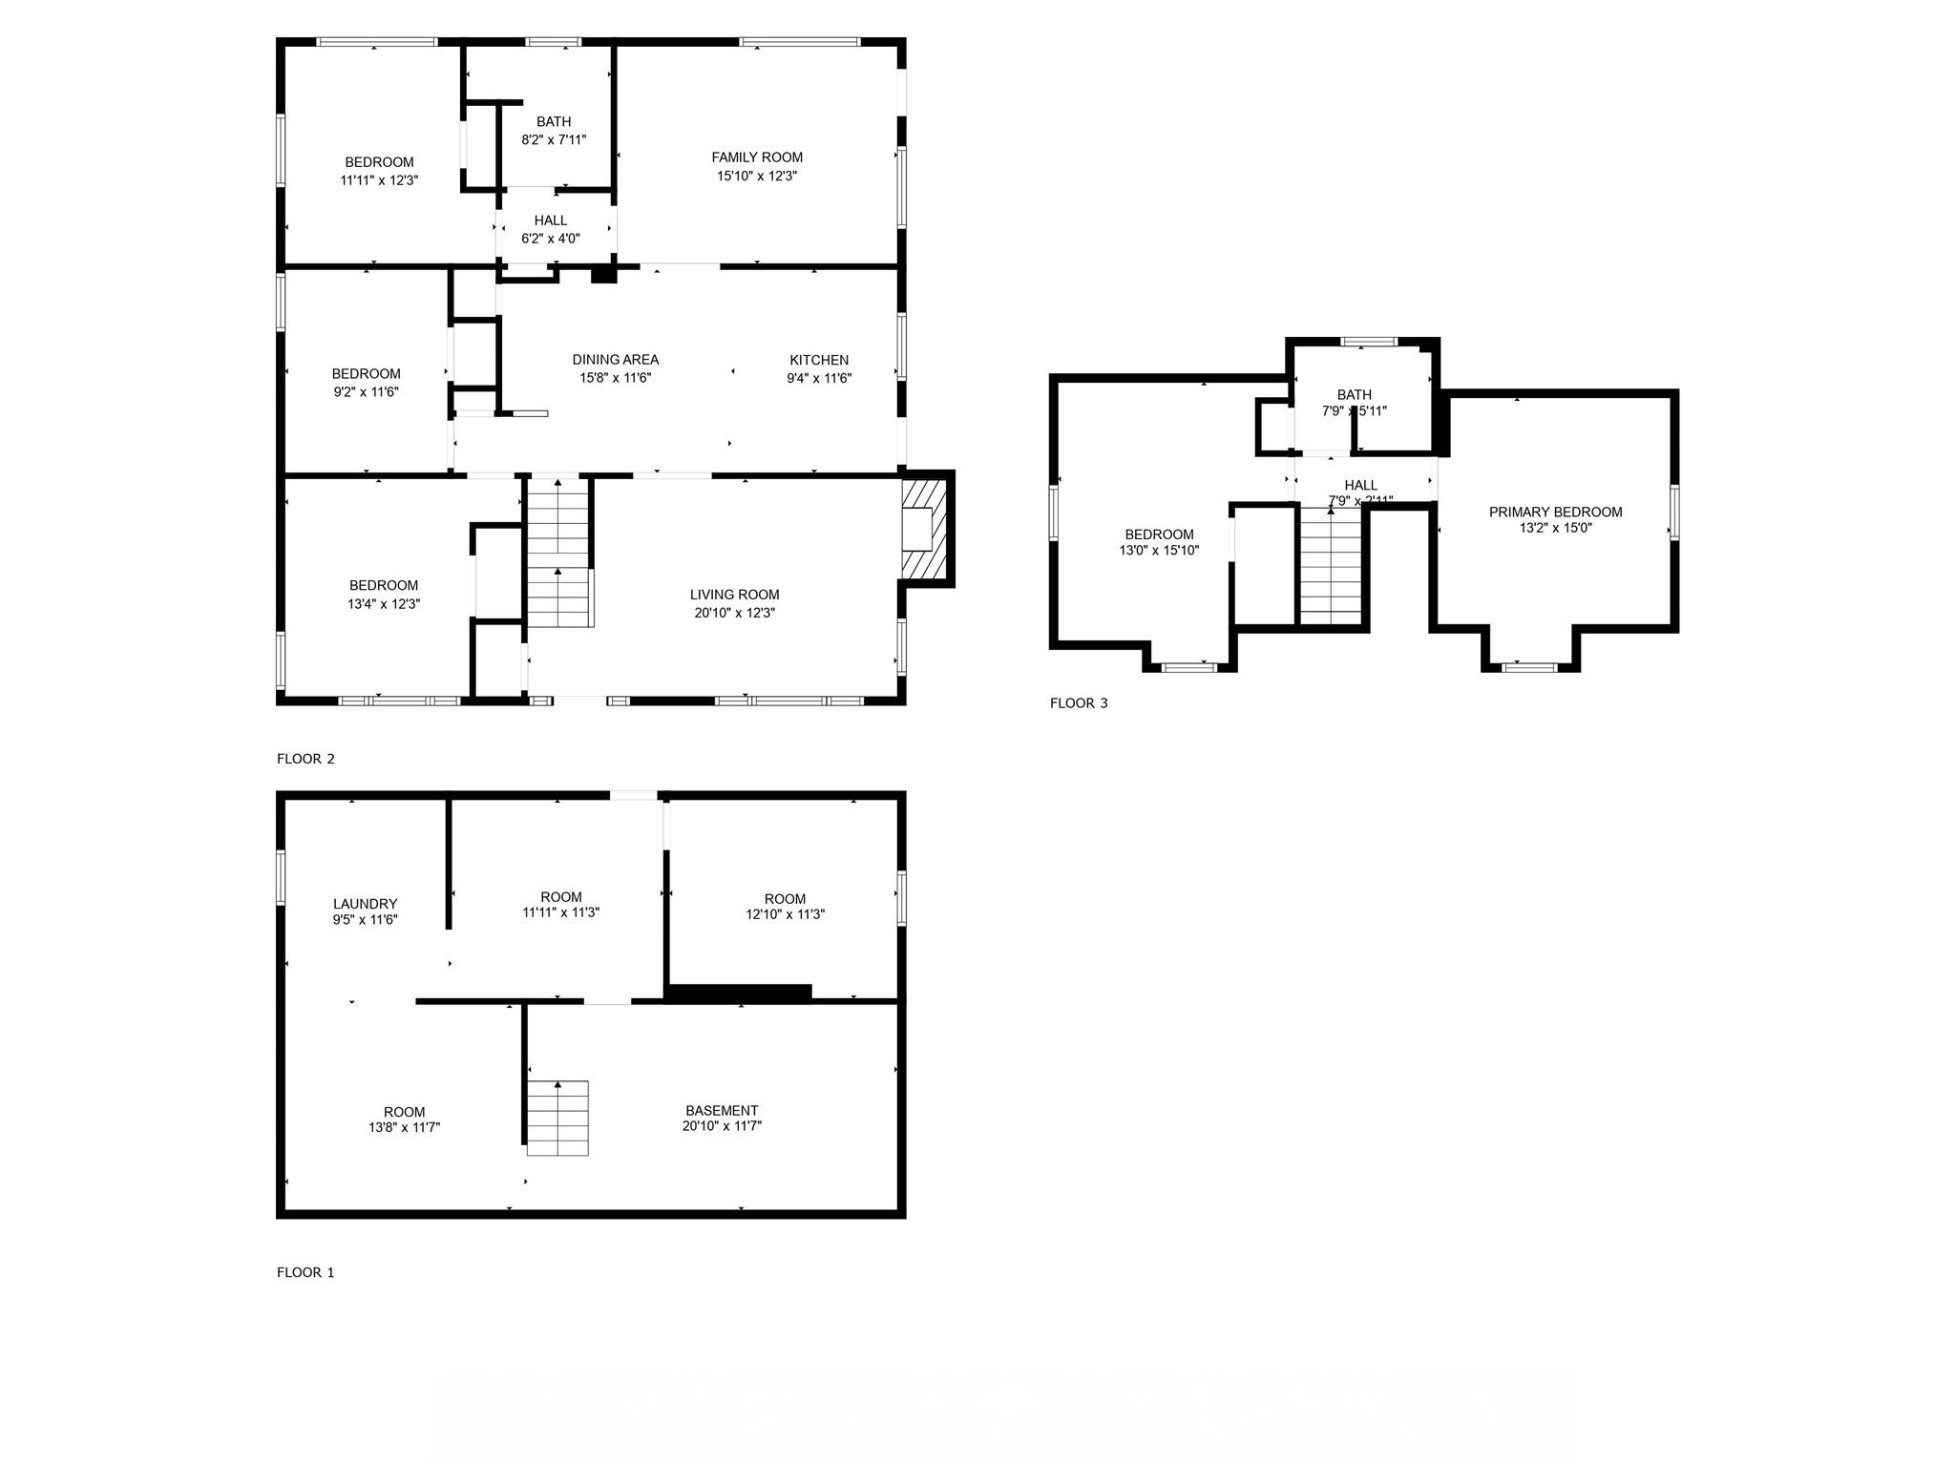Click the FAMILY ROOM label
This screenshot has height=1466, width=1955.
point(757,157)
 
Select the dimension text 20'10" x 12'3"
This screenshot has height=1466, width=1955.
point(734,613)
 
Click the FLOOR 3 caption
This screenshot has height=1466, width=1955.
point(1079,703)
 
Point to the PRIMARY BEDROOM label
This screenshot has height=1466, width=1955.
point(1555,512)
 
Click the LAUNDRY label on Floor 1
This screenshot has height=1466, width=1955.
point(365,904)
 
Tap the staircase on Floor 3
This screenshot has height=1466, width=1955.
point(1331,568)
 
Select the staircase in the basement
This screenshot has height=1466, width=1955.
point(558,1118)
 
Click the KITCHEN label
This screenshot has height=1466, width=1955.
point(818,360)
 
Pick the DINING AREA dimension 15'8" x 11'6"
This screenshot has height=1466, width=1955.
point(615,378)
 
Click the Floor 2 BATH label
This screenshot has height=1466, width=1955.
point(554,121)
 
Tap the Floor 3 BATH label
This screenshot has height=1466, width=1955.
point(1354,394)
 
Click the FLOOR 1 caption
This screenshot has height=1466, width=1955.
point(305,1272)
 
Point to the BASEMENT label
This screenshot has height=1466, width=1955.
point(722,1110)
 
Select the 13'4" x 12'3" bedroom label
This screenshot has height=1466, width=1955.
point(384,585)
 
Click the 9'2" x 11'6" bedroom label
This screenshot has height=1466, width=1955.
point(366,373)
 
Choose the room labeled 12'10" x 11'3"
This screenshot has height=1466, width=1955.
point(785,899)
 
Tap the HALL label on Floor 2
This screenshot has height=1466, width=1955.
point(551,220)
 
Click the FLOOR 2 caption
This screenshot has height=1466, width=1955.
point(305,759)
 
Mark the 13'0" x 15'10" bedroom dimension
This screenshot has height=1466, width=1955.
point(1159,551)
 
